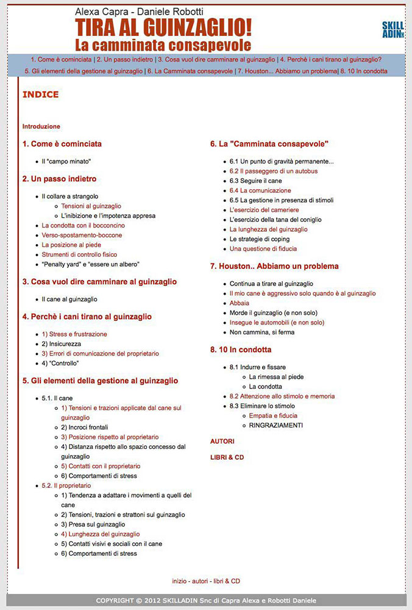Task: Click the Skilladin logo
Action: pos(392,29)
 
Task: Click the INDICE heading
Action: pos(40,95)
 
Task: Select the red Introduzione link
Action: pos(41,126)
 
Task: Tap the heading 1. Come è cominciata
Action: pos(62,144)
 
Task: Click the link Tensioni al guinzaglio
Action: pos(91,206)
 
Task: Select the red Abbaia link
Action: pos(240,303)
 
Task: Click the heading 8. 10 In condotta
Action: pos(241,350)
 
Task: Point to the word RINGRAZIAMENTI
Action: pos(275,425)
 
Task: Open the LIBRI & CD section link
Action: pos(227,457)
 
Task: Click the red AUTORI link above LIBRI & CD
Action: pos(222,441)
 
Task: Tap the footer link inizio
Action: pos(179,581)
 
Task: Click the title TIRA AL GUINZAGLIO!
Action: pos(163,28)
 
